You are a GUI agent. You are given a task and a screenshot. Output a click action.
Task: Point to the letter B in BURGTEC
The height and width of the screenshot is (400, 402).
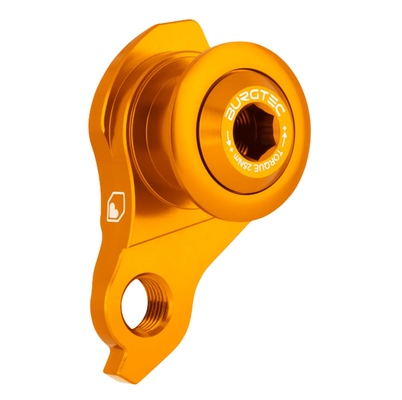[230, 115]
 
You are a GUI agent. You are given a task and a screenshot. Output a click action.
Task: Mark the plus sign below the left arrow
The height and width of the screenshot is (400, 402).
[231, 149]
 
